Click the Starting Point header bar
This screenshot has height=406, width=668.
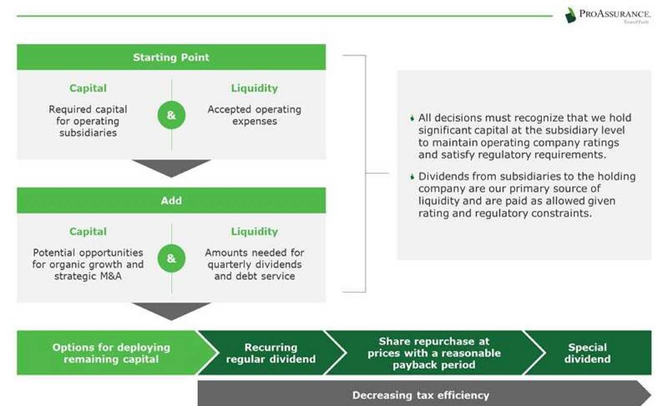tap(171, 57)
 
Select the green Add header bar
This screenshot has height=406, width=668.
tap(171, 201)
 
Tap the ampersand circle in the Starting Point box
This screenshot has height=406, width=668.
tap(171, 115)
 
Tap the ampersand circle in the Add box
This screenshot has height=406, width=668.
tap(171, 259)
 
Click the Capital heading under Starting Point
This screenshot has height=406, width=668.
tap(88, 88)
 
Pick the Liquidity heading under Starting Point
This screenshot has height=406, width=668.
tap(254, 88)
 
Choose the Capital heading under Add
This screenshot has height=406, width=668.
tap(88, 231)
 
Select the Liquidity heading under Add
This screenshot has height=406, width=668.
tap(254, 231)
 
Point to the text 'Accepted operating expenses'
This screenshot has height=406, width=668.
tap(254, 115)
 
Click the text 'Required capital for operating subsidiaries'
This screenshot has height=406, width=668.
tap(88, 121)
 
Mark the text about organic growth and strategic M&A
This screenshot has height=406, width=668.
tap(88, 264)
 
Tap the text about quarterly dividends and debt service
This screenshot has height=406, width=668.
tap(254, 264)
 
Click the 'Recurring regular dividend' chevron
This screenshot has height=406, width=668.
tap(271, 353)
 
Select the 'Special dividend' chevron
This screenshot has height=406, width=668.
tap(587, 353)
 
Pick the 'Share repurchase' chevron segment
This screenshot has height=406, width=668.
tap(434, 353)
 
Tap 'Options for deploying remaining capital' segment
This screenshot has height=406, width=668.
tap(111, 353)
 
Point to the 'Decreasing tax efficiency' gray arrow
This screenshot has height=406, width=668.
tap(421, 395)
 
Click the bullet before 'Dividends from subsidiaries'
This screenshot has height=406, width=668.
tap(412, 177)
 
